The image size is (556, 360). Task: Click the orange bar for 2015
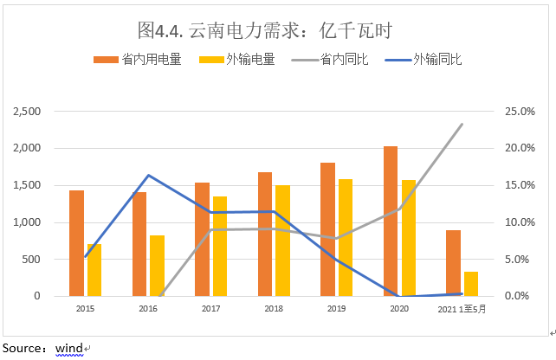[77, 243]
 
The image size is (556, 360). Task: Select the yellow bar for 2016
[157, 266]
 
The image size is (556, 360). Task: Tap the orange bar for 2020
[391, 222]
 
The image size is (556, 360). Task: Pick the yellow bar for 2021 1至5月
[471, 284]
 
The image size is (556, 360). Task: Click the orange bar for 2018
[265, 235]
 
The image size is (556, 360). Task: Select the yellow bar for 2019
[346, 238]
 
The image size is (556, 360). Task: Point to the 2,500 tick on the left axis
[29, 112]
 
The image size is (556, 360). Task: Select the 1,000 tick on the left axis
[29, 222]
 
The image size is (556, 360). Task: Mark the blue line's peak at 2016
[148, 176]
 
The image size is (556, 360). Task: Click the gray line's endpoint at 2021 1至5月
[462, 125]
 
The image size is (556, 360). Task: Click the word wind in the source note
[69, 348]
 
